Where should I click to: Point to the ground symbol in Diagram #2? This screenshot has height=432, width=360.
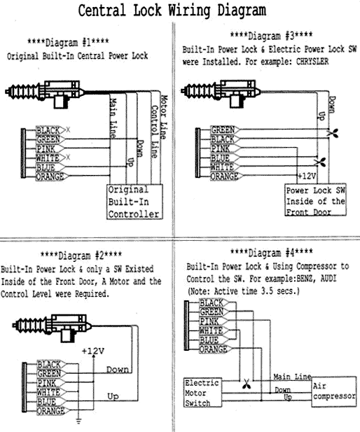point(78,421)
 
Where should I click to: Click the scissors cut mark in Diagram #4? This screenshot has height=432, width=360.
point(246,384)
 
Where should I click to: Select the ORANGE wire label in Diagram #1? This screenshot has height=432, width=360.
point(50,176)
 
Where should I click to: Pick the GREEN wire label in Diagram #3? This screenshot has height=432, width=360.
point(223,130)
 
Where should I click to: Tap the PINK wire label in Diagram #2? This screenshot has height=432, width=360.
point(47,383)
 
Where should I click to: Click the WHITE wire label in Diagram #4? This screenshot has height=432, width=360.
point(211,330)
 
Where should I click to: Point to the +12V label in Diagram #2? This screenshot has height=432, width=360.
point(93,351)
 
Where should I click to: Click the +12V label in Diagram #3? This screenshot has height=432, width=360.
point(307,176)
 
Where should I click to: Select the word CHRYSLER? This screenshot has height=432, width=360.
point(312,62)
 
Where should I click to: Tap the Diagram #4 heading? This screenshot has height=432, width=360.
point(272,253)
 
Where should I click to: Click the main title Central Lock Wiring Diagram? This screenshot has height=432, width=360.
point(172,11)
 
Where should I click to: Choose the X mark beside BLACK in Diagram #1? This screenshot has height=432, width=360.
point(68,130)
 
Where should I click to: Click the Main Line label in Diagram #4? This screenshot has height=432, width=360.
point(292,377)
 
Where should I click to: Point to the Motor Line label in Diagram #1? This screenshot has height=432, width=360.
point(164,117)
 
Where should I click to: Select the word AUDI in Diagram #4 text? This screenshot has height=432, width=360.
point(328,279)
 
